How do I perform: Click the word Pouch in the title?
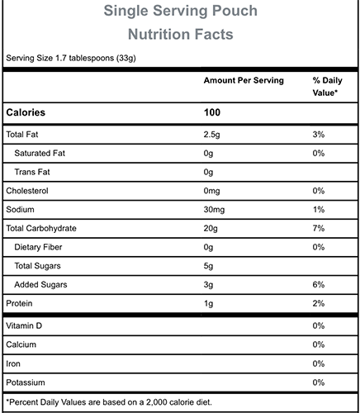tap(235, 11)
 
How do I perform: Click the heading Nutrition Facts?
tap(181, 35)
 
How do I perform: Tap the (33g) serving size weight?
tap(126, 59)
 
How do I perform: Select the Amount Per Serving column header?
tap(244, 80)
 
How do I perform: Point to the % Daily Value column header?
tap(327, 87)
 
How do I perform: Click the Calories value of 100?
tap(212, 112)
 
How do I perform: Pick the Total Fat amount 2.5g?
tap(211, 135)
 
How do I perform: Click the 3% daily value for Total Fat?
tap(319, 135)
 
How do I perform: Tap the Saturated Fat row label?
tap(40, 153)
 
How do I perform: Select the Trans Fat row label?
tap(32, 172)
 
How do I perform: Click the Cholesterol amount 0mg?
tap(211, 191)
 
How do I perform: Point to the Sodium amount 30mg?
tap(214, 210)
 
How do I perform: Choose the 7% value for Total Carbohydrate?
tap(319, 228)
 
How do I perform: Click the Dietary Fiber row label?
tap(38, 247)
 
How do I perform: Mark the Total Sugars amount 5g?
tap(208, 266)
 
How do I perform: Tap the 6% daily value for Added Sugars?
tap(319, 284)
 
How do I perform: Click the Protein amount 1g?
tap(208, 304)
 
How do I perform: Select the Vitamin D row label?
tap(24, 325)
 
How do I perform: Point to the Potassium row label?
tap(26, 382)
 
